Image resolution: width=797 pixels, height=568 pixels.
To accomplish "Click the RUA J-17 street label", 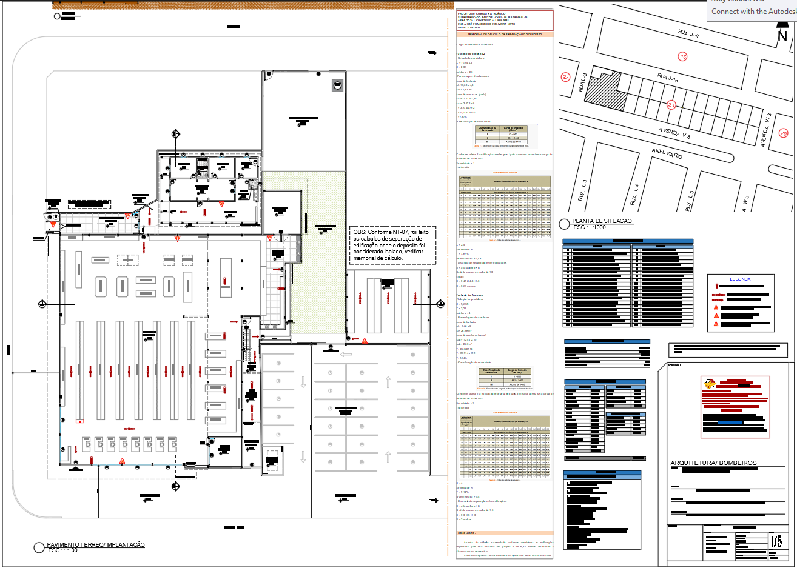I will pos(688,35).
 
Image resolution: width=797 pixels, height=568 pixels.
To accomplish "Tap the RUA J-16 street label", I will pos(668,78).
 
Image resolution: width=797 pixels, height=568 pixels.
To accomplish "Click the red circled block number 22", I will pos(565,77).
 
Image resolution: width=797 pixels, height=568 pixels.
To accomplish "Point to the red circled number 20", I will pos(783,133).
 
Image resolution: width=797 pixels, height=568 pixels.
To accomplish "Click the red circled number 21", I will pos(671,105).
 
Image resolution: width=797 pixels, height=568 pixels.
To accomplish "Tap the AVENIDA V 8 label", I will pos(674,133).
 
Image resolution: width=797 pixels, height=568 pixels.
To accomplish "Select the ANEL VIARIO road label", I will pos(667,153).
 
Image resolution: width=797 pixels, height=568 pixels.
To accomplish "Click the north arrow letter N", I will pos(782,36).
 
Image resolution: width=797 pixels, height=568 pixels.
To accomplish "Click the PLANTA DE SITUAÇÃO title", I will pos(602,221).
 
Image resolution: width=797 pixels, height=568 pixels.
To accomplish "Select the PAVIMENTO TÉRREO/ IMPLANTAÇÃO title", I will pos(96,545).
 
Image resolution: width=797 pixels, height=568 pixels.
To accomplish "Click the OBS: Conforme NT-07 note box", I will pos(392,245).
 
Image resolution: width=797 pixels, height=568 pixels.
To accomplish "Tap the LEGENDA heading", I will pos(740,279).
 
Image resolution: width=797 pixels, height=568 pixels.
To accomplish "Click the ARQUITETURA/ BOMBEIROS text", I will pos(713,463).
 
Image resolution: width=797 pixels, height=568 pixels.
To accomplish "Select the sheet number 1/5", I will pos(776,541).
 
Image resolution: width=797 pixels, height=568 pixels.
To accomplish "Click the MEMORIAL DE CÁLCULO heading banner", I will pos(505,35).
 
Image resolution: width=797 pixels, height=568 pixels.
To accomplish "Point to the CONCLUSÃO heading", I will pos(466,533).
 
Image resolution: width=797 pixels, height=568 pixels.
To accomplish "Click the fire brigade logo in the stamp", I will pos(708,384).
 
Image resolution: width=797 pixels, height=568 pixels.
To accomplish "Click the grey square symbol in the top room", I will pos(337,85).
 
